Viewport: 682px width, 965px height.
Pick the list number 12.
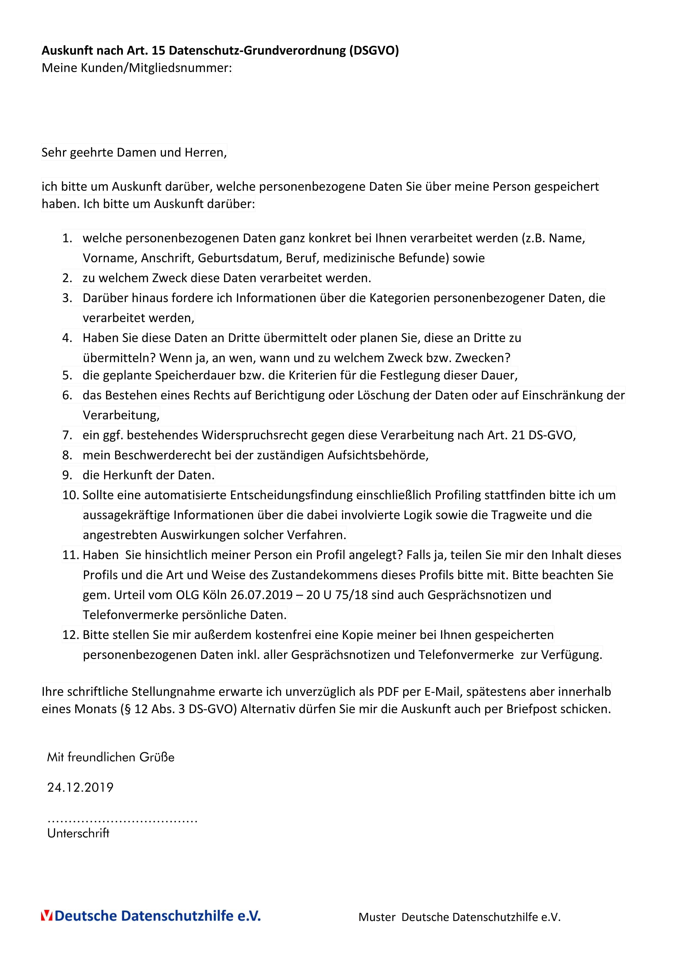71,635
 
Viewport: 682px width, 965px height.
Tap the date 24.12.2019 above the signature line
80,787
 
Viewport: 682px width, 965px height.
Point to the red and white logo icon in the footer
47,916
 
